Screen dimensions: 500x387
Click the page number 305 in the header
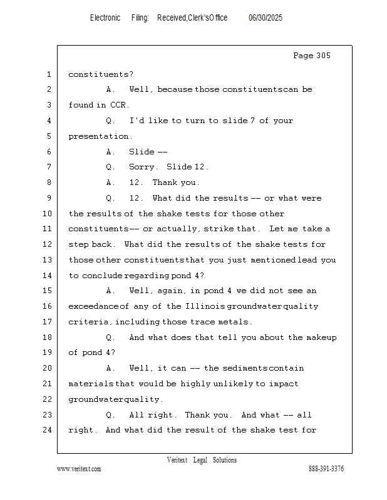tap(321, 56)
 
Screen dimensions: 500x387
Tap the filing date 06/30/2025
tap(266, 18)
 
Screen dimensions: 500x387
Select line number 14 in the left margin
tap(48, 276)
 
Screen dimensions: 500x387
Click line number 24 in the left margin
tap(48, 430)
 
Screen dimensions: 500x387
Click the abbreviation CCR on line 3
tap(119, 105)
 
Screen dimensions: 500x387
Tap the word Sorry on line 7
tap(141, 167)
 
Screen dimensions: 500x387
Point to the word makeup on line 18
tap(321, 337)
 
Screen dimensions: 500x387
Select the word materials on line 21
tap(91, 384)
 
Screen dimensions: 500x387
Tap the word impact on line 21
tap(284, 384)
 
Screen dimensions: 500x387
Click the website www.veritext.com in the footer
tap(79, 469)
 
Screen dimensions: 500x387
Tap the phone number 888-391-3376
tap(326, 469)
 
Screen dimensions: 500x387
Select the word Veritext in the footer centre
tap(177, 460)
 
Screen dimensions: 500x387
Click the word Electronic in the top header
tap(105, 18)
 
